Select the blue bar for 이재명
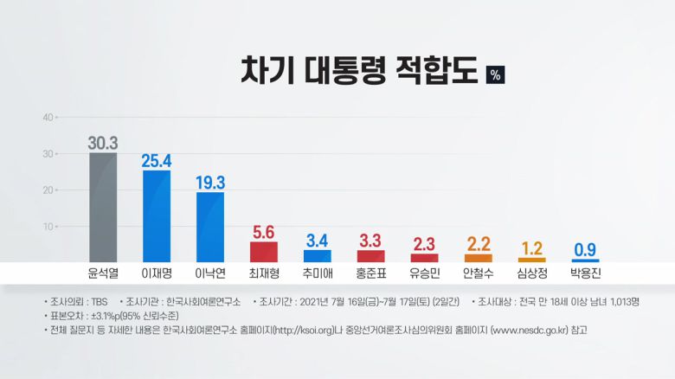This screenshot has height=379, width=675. [157, 216]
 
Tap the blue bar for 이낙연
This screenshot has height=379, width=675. [210, 227]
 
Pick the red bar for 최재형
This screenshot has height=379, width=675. [264, 252]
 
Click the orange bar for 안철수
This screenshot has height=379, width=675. [478, 258]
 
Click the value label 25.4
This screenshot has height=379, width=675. [157, 161]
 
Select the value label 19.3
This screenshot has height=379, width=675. [210, 183]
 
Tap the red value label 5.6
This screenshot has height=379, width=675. [264, 232]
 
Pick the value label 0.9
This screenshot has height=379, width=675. [585, 250]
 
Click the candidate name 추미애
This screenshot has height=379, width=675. [318, 273]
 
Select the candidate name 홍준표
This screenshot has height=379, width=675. [371, 273]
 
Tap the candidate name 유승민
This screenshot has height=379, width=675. [424, 273]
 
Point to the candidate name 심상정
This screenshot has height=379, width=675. [531, 273]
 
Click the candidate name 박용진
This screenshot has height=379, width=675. [585, 273]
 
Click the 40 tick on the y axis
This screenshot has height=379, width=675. [48, 117]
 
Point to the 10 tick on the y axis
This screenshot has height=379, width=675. [48, 227]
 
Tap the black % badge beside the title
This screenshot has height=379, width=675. [496, 75]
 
